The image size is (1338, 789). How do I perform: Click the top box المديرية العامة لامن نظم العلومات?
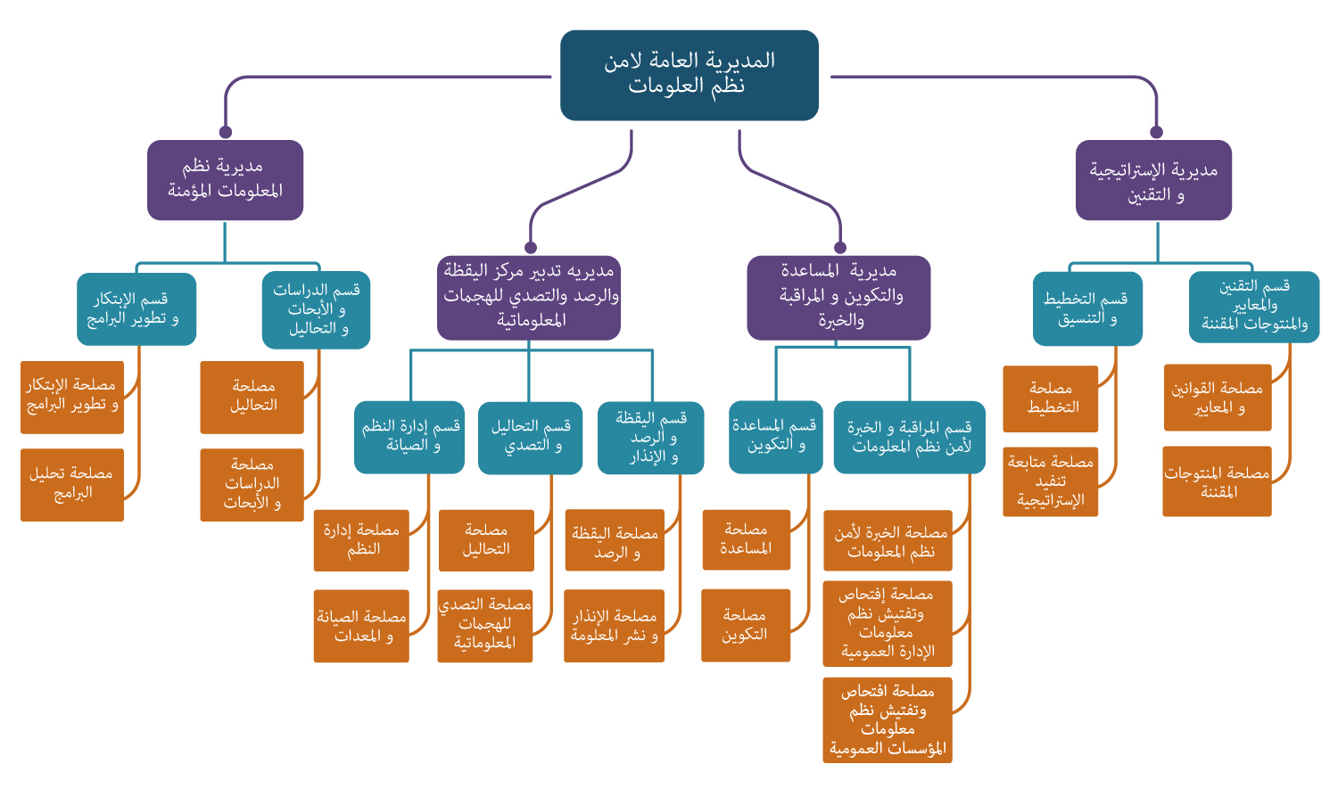tap(689, 75)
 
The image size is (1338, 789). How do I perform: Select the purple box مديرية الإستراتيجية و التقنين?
tap(1153, 180)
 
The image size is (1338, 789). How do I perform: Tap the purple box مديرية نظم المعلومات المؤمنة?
tap(225, 179)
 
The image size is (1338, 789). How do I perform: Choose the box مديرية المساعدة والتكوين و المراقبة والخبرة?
tap(838, 298)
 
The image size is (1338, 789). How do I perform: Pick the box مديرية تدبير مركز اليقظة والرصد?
tap(529, 298)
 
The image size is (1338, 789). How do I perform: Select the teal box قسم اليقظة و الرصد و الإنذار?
tap(650, 438)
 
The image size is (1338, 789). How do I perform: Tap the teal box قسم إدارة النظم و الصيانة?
tap(409, 437)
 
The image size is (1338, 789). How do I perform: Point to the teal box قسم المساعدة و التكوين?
tap(774, 437)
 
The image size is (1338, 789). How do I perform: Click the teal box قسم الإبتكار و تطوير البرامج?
tap(136, 308)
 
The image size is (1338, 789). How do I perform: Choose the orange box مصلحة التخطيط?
tap(1051, 399)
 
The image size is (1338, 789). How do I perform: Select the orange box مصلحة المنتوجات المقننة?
tap(1217, 481)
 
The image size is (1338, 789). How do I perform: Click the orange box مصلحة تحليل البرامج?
tap(71, 484)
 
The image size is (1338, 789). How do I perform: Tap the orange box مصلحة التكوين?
tap(746, 625)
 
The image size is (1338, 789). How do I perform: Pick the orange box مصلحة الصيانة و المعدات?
tap(361, 626)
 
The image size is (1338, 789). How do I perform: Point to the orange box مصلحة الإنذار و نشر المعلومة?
tap(615, 626)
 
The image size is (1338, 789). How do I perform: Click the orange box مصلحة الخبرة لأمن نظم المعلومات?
tap(888, 540)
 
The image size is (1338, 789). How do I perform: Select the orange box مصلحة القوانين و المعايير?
tap(1218, 398)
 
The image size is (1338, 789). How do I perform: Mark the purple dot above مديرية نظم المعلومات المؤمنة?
tap(226, 132)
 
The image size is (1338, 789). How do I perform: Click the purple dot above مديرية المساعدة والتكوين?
tap(839, 248)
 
